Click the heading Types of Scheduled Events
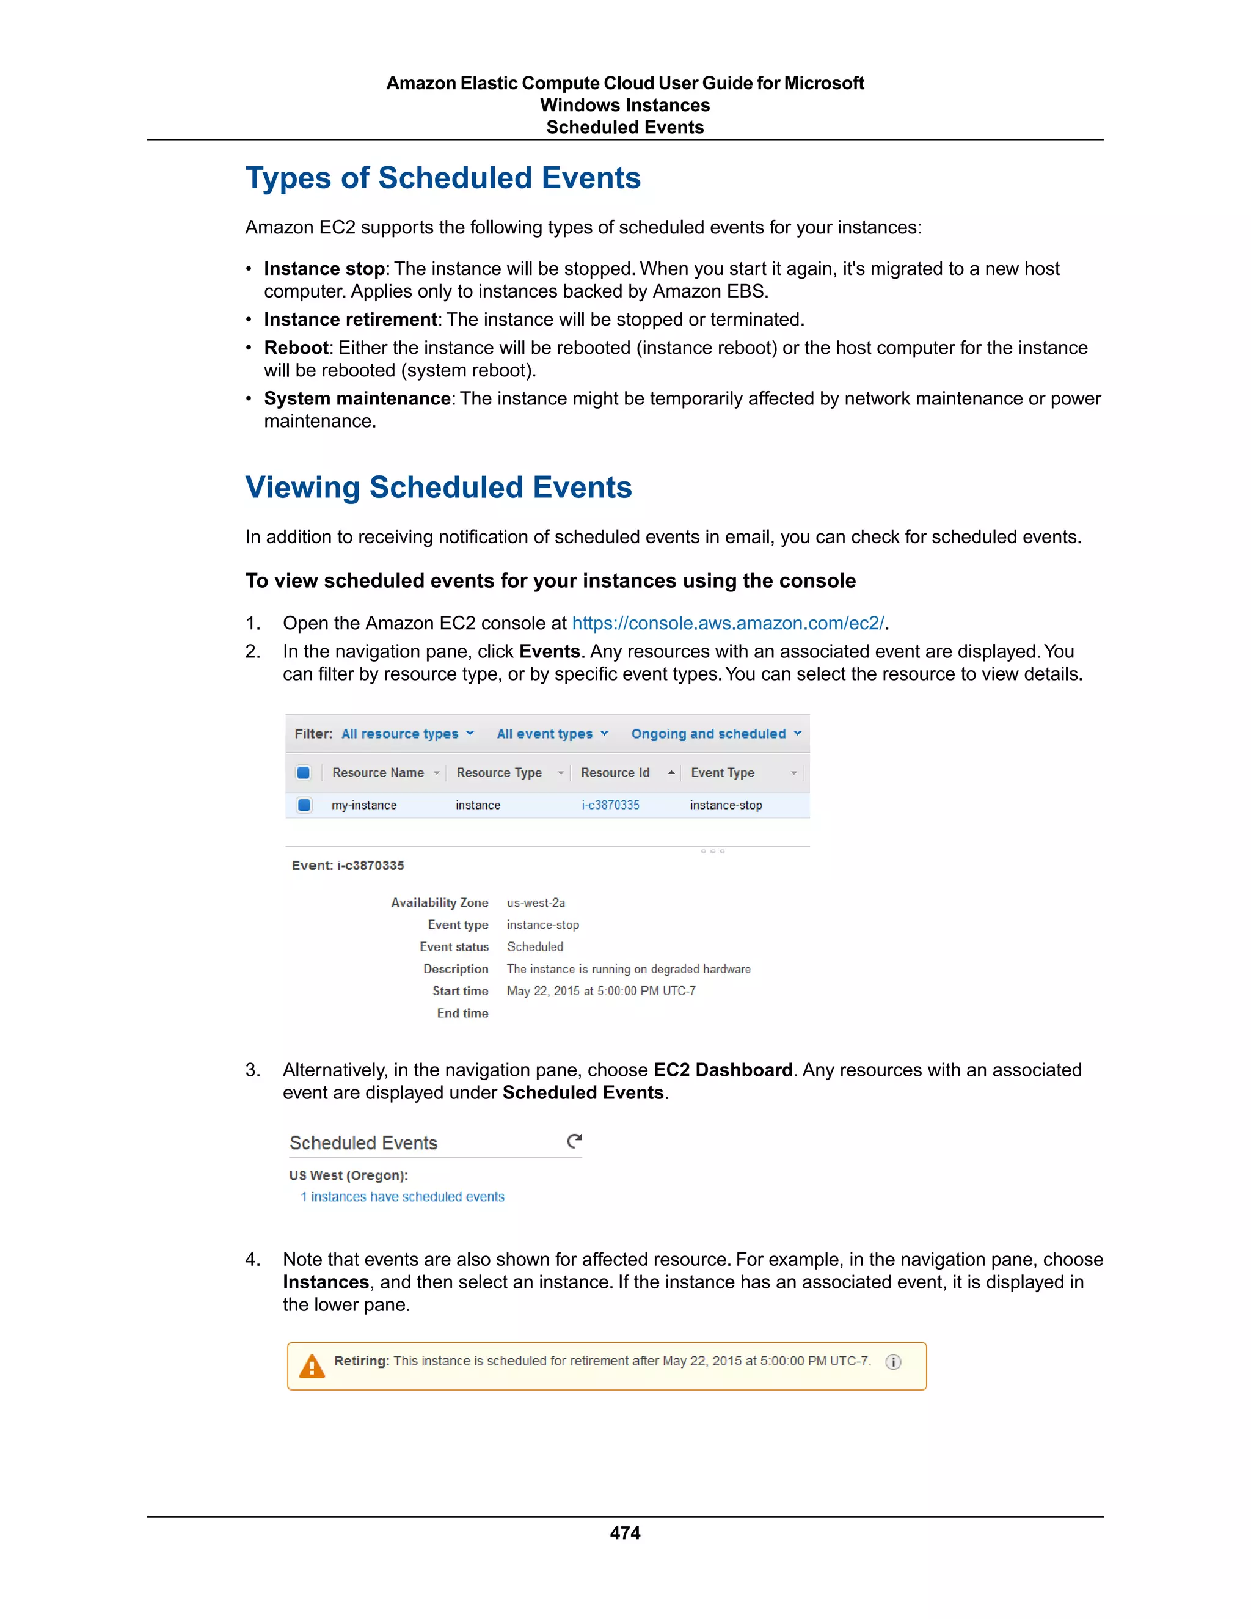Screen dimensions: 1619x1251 point(442,178)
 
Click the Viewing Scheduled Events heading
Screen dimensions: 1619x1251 point(438,487)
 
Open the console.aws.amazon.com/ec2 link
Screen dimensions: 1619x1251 point(728,623)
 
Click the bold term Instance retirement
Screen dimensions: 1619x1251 point(350,320)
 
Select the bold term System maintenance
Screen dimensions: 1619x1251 point(357,399)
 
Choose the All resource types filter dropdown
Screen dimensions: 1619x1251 point(407,734)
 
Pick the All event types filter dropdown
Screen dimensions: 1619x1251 point(552,734)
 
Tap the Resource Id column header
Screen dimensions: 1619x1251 point(615,772)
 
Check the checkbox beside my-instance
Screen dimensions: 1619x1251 point(304,805)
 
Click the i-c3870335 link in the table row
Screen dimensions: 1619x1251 point(610,805)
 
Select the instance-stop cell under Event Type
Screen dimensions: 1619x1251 point(726,805)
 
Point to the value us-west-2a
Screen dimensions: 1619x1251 point(536,903)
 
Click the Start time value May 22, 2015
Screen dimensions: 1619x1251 point(601,991)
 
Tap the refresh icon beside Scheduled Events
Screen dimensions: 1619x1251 point(574,1142)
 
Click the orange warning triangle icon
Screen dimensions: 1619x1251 point(312,1366)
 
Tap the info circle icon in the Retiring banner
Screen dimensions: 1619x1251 point(893,1362)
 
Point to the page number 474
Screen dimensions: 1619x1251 point(625,1532)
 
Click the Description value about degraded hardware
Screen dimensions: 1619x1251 point(629,969)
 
